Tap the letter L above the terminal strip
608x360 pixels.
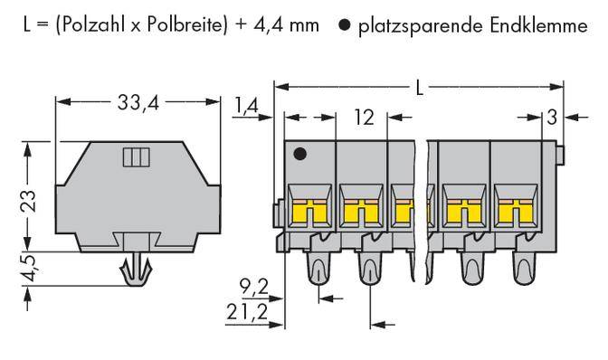419,88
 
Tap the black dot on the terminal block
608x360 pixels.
301,155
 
